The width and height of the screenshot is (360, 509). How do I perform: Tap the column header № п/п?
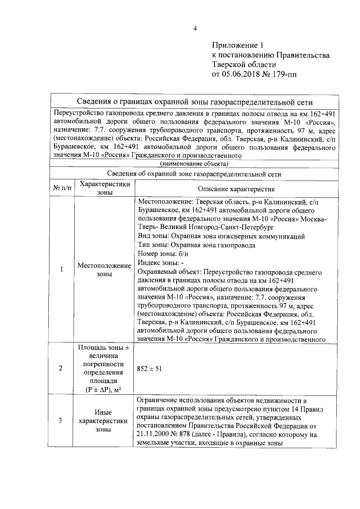point(62,188)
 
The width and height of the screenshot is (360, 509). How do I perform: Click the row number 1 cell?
point(61,269)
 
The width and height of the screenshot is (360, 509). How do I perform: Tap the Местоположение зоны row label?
point(104,269)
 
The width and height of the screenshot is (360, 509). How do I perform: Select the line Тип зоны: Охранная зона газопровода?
point(196,245)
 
